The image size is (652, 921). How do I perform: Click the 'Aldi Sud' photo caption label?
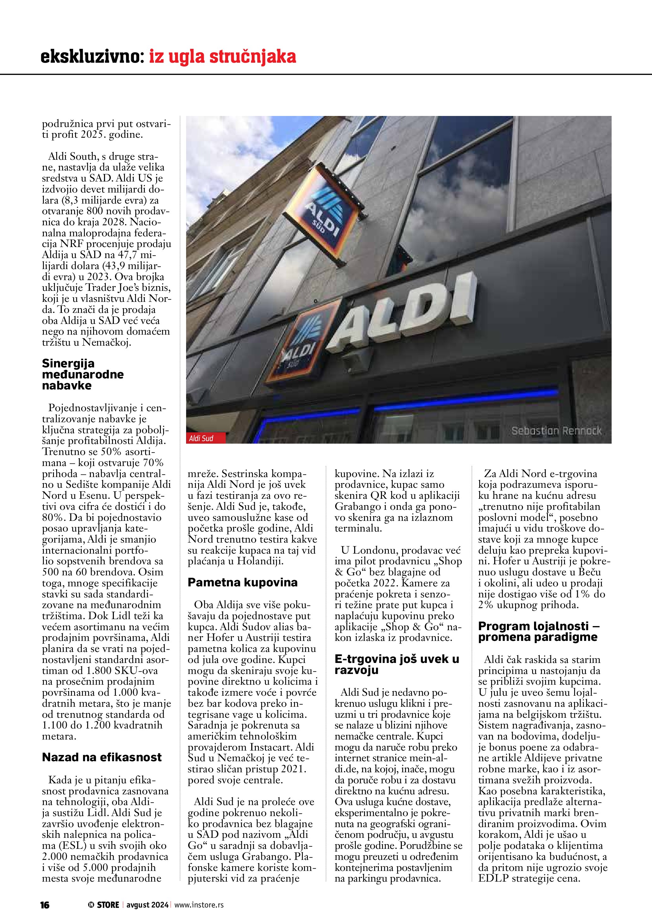[x=201, y=438]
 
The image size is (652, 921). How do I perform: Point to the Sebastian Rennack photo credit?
[x=556, y=431]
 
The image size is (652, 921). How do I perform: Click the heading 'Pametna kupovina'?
[x=243, y=583]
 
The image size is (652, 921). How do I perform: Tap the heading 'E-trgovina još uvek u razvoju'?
[x=397, y=665]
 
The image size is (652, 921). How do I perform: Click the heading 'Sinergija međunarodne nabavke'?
[x=83, y=374]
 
